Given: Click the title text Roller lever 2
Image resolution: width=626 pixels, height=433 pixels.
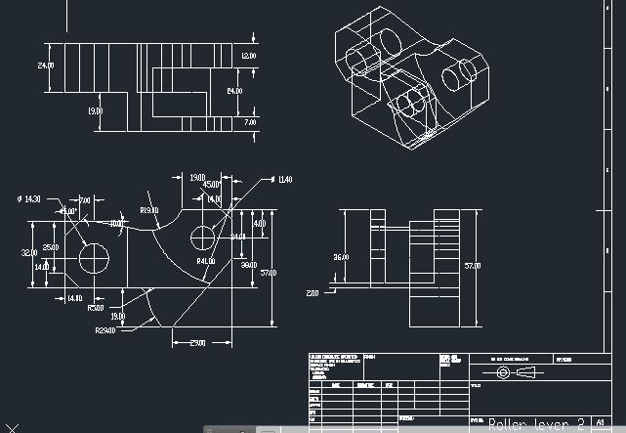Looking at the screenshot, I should click(x=536, y=423).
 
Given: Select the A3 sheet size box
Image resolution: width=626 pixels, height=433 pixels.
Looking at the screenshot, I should click(x=599, y=423).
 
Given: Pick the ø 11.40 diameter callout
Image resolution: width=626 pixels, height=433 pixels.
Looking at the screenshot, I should click(x=283, y=180).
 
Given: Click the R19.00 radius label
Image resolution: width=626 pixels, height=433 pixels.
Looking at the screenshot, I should click(x=149, y=210).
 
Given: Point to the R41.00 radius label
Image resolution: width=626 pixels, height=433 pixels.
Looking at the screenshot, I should click(x=206, y=262).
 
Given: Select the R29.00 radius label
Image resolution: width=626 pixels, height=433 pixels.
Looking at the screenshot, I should click(x=106, y=330).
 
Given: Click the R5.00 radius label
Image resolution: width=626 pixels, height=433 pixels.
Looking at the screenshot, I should click(x=95, y=308).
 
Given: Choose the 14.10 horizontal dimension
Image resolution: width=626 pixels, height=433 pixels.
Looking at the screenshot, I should click(x=73, y=298).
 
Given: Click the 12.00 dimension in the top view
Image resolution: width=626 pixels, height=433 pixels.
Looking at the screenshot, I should click(x=248, y=56).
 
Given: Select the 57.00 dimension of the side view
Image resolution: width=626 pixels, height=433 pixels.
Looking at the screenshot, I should click(x=472, y=265).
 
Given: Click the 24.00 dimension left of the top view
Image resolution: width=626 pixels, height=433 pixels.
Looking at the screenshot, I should click(x=45, y=65).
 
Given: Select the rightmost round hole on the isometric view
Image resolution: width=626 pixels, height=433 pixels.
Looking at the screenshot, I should click(x=458, y=75).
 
